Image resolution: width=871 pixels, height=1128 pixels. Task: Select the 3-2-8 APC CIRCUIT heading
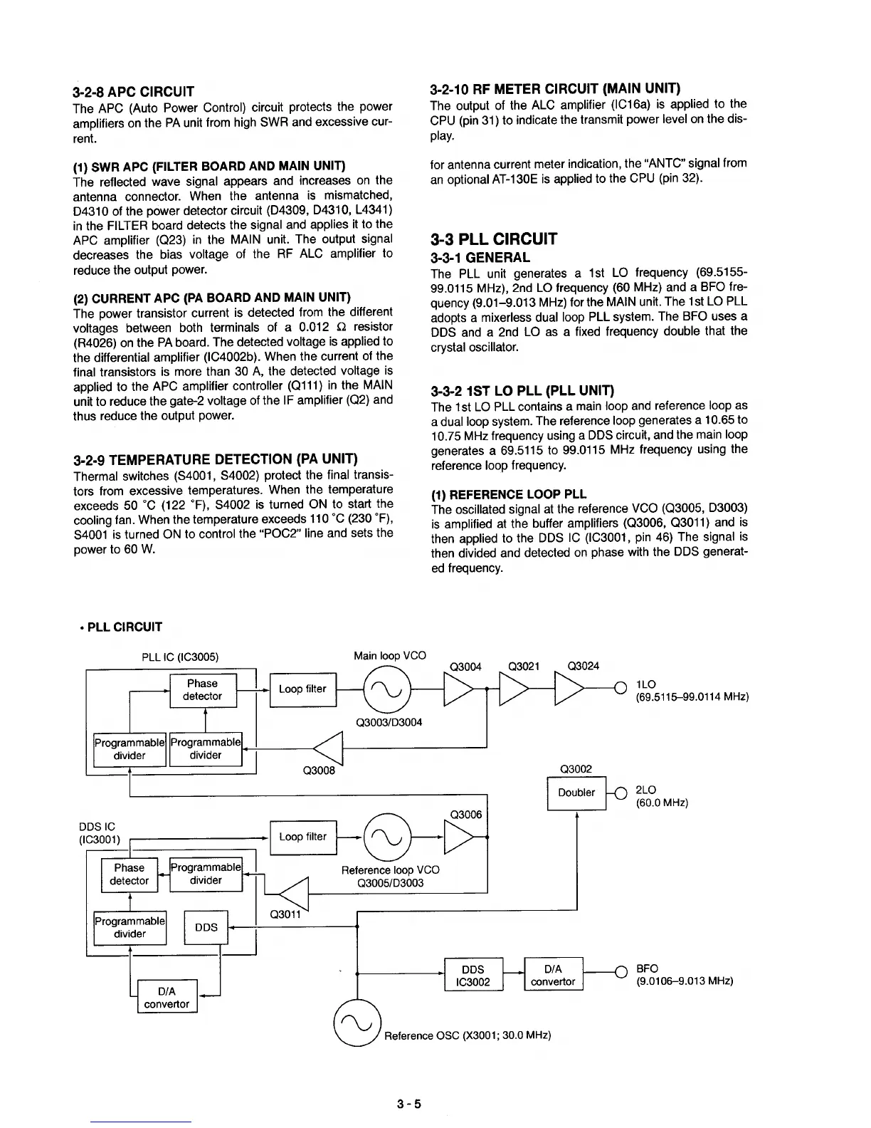click(x=134, y=91)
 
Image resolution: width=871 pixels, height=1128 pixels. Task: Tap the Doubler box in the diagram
click(x=576, y=793)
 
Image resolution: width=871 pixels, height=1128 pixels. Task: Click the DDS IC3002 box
click(x=473, y=975)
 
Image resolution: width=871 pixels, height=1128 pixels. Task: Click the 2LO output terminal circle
click(x=618, y=793)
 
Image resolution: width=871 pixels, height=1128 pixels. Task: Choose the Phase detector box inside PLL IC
click(x=203, y=689)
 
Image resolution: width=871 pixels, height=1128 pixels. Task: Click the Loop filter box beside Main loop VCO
click(x=302, y=689)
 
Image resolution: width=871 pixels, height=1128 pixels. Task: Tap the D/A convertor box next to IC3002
click(x=553, y=975)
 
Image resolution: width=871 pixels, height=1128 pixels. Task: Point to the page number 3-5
click(x=410, y=1104)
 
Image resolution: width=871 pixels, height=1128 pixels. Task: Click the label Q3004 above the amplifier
click(x=466, y=667)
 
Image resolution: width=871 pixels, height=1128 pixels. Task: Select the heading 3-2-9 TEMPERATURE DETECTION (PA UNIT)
click(x=215, y=459)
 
